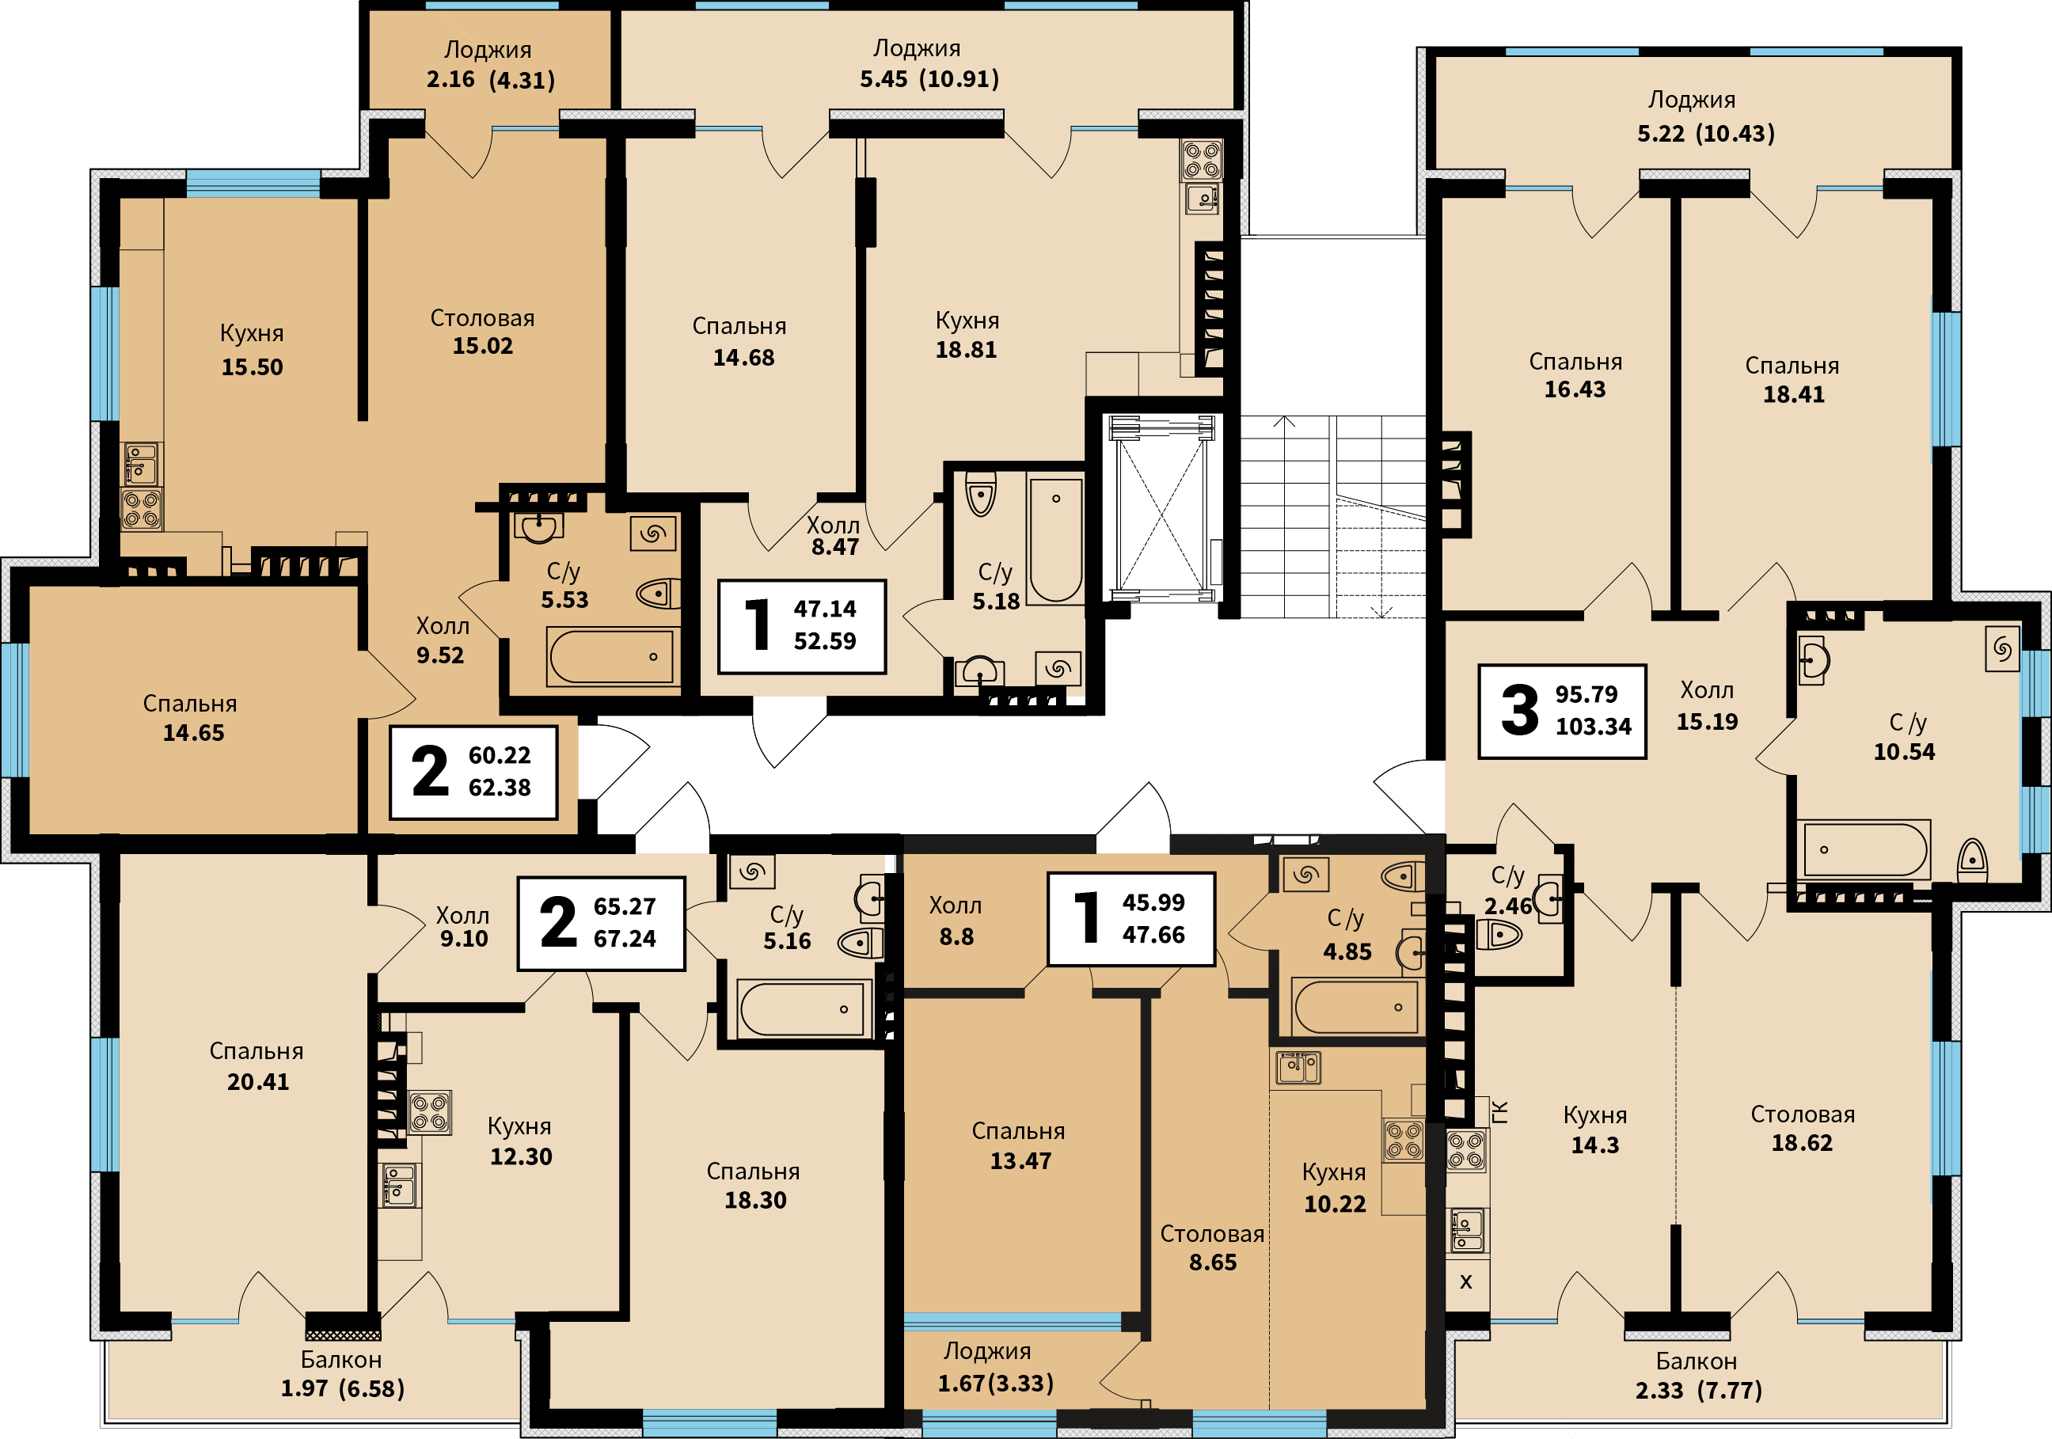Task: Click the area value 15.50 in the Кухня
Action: tap(252, 367)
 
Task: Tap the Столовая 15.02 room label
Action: tap(483, 332)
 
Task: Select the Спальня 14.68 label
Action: tap(740, 341)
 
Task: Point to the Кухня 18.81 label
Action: tap(967, 335)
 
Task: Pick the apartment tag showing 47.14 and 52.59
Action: tap(803, 625)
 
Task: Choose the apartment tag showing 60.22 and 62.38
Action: tap(473, 773)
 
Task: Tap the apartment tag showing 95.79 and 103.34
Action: tap(1562, 712)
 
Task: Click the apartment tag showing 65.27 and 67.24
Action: tap(602, 923)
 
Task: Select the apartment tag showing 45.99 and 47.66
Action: tap(1131, 919)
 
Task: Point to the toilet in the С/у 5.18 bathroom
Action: tap(980, 494)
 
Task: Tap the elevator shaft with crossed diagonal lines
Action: tap(1162, 507)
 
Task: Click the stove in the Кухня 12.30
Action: tap(430, 1112)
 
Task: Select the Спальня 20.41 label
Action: tap(257, 1066)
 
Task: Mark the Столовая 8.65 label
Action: tap(1212, 1247)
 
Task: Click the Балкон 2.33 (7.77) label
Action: tap(1698, 1376)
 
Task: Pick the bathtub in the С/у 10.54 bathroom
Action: tap(1866, 849)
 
